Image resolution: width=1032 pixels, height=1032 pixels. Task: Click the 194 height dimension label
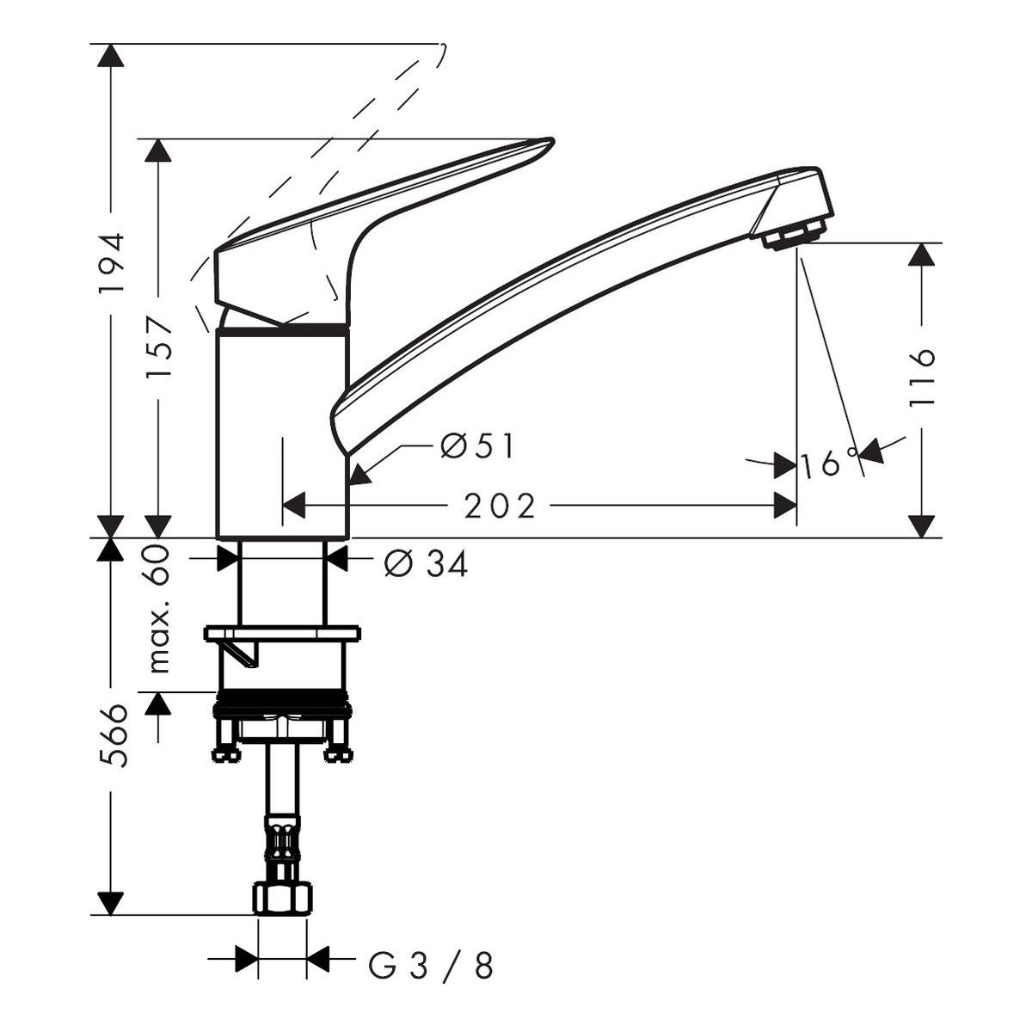click(112, 263)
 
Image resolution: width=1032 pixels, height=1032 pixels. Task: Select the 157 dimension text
click(158, 348)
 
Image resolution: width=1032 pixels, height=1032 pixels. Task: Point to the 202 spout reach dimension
click(499, 506)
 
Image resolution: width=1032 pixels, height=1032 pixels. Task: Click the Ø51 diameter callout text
click(477, 446)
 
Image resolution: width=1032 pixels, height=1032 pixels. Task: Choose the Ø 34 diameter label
click(426, 564)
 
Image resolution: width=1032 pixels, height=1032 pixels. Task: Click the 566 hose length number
click(114, 736)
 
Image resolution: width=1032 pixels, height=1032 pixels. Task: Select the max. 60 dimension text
click(158, 608)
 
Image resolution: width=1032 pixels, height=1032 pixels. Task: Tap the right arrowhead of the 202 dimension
click(785, 506)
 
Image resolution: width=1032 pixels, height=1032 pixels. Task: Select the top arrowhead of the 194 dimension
click(111, 55)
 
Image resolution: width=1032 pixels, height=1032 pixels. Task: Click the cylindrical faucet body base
click(283, 433)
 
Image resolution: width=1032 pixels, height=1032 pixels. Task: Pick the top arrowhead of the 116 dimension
click(922, 254)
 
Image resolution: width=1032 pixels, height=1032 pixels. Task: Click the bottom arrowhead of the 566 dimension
click(111, 904)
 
